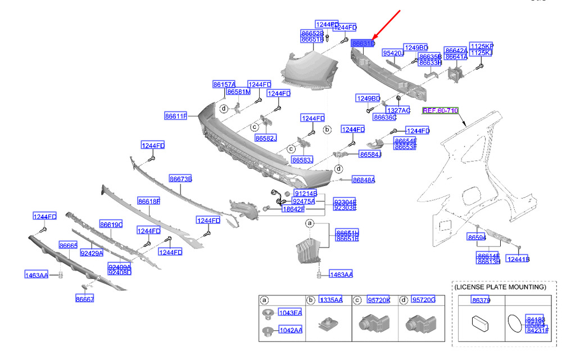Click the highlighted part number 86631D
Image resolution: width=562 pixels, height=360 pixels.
pos(363,43)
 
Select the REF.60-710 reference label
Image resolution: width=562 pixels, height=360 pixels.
pos(441,111)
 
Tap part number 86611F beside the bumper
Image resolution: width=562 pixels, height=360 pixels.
pos(176,116)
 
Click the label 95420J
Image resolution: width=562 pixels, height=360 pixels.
pos(393,53)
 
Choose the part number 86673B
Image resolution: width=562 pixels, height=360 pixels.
pos(180,179)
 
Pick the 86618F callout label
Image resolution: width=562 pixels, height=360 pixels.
pos(149,201)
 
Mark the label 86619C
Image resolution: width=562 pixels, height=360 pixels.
pos(111,225)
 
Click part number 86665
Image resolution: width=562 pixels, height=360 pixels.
pos(69,246)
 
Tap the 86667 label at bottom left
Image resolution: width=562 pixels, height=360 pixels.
pos(85,299)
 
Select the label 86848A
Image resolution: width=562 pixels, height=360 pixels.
pos(364,180)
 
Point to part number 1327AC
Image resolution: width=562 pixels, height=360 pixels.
pos(398,110)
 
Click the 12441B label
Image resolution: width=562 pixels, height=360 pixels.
pos(518,259)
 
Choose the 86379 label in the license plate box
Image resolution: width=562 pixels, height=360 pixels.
pos(481,300)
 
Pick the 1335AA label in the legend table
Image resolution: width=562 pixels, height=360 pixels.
pos(330,300)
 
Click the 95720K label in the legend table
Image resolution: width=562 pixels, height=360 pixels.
pos(378,300)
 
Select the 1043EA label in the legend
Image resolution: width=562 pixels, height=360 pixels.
pos(290,313)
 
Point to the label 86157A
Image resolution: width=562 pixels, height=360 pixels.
pos(224,84)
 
